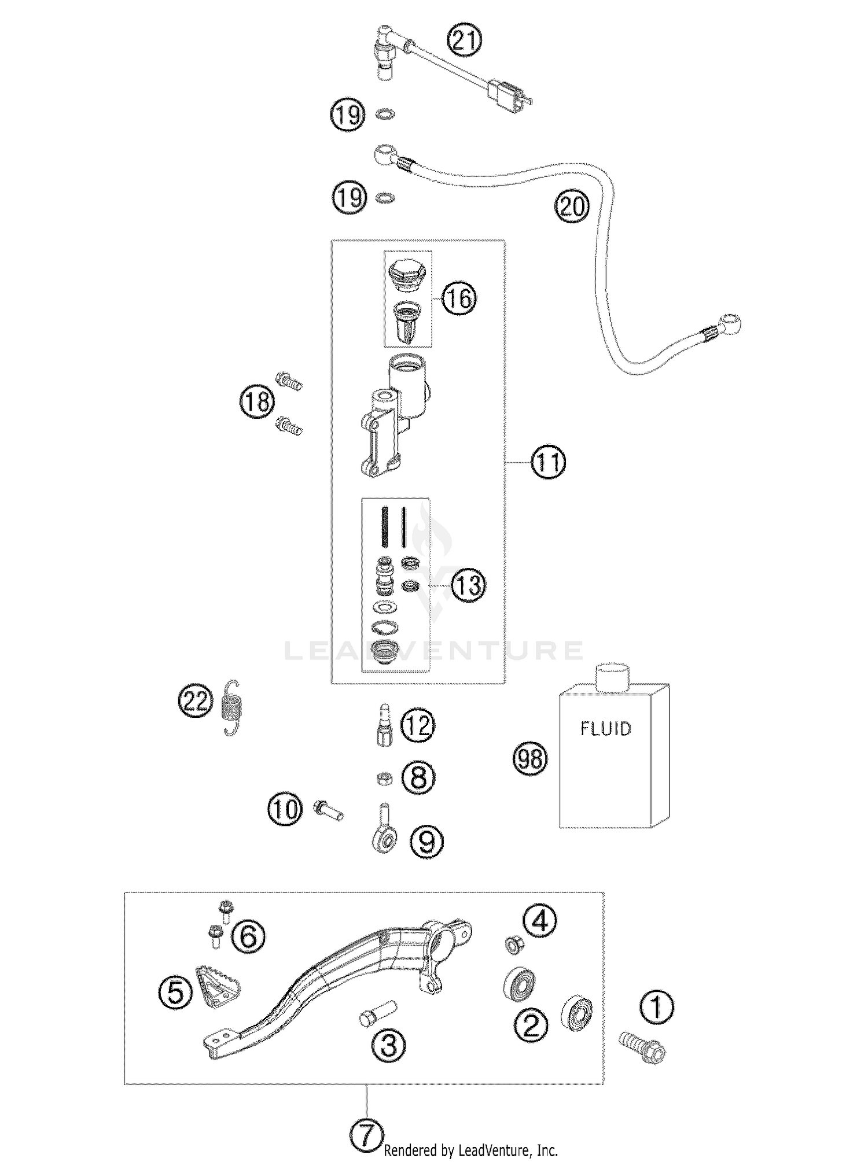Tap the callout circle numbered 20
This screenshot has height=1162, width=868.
pyautogui.click(x=572, y=206)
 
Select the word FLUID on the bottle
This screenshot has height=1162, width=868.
pyautogui.click(x=605, y=728)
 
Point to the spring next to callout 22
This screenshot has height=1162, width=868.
pyautogui.click(x=233, y=707)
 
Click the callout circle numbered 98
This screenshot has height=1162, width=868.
pyautogui.click(x=531, y=758)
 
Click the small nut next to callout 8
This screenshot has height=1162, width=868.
pyautogui.click(x=384, y=779)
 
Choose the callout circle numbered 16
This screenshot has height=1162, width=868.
pyautogui.click(x=459, y=299)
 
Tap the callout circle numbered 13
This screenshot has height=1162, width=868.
pyautogui.click(x=468, y=586)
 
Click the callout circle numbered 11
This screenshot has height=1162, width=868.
pyautogui.click(x=548, y=462)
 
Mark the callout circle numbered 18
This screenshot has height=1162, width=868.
pyautogui.click(x=257, y=401)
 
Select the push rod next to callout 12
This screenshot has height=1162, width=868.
pyautogui.click(x=384, y=725)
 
